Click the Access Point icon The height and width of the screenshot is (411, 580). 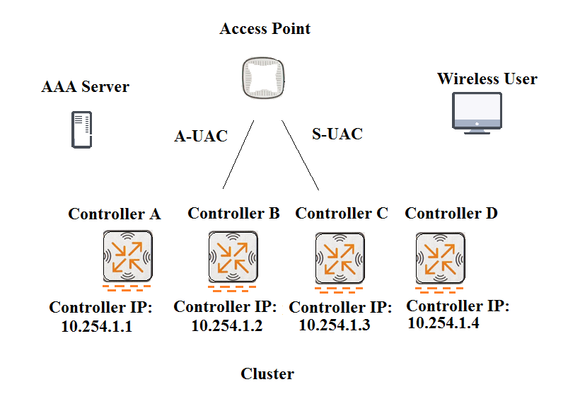coord(263,78)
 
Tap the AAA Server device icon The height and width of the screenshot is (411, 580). coord(81,129)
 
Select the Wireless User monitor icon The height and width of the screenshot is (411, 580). coord(477,113)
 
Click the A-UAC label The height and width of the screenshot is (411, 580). coord(201,136)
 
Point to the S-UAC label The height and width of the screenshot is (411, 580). coord(337,134)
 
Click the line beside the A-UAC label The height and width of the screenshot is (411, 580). coord(238,155)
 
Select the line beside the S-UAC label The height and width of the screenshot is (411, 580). coord(300,156)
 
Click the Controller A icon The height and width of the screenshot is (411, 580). coord(127,256)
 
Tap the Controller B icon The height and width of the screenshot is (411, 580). coord(233,257)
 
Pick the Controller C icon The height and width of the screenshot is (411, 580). coord(340,257)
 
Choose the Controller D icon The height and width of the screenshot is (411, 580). coord(440,257)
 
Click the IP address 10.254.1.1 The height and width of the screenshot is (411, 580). coord(96,326)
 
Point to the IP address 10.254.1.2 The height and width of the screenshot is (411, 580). coord(227,325)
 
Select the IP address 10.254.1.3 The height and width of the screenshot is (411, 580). coord(335,325)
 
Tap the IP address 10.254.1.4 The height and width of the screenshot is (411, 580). coord(443,323)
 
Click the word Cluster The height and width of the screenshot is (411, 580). coord(267,374)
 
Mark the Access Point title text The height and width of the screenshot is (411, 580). coord(265,28)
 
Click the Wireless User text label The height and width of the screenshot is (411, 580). coord(487,79)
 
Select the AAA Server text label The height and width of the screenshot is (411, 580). coord(85,86)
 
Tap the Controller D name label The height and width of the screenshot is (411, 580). coord(451,213)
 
